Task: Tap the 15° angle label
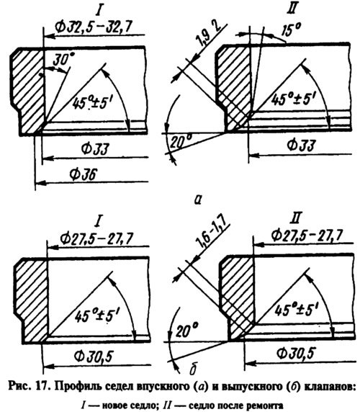pos(290,30)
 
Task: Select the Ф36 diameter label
pos(84,174)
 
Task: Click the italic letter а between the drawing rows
pos(197,200)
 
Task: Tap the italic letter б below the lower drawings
pos(193,370)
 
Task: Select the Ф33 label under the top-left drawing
pos(95,149)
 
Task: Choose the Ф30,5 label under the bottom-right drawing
pos(296,354)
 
